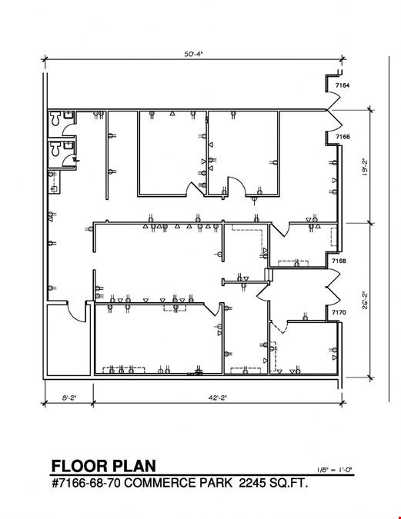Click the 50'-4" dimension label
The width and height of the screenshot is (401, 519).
coord(193,54)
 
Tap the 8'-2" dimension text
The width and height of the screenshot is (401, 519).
coord(69,398)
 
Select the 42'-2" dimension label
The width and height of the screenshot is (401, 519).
coord(217,398)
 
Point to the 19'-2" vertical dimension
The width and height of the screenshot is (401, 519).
coord(365,167)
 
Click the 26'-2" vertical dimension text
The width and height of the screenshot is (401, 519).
coord(365,300)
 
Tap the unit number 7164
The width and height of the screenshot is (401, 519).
coord(343,85)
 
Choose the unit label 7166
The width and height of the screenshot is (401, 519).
coord(343,136)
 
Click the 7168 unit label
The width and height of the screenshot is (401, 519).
coord(339,261)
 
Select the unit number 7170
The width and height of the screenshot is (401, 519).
coord(339,312)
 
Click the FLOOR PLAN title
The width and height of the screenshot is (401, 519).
coord(103,466)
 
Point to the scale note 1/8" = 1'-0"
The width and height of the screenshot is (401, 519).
coord(334,469)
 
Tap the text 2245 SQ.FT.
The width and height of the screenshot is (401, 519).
coord(273,483)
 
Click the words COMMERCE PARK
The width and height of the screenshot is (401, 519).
coord(179,483)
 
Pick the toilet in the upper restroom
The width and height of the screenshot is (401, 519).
coord(55,118)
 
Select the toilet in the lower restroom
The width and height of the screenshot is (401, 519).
coord(55,148)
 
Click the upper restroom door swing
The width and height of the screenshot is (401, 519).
coord(69,128)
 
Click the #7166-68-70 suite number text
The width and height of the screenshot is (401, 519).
coord(87,483)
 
